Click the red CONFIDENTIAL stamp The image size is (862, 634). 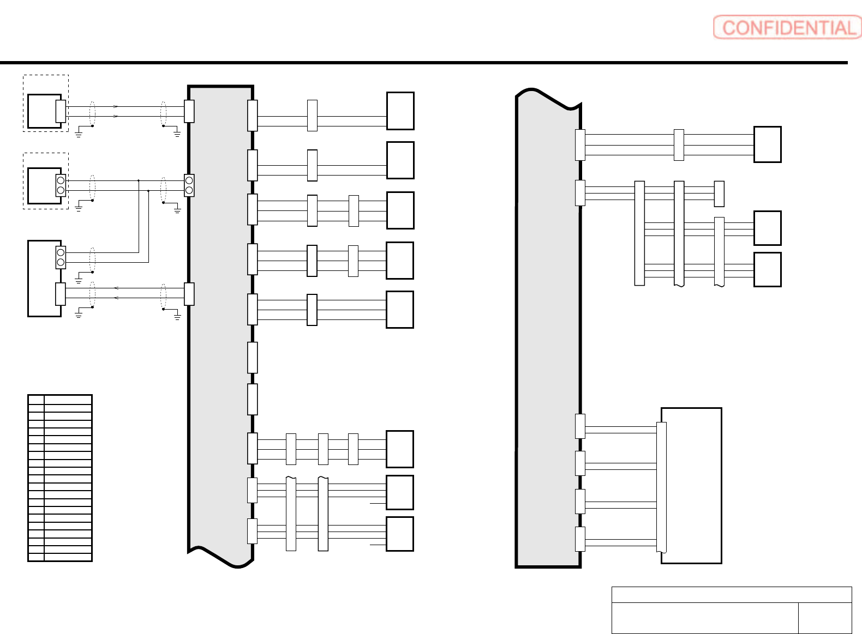[x=787, y=27]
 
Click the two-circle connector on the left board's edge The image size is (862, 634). [x=189, y=185]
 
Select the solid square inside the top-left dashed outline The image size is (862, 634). [x=43, y=111]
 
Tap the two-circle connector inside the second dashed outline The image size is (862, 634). [x=61, y=185]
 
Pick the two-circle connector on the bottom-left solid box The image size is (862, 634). [x=61, y=257]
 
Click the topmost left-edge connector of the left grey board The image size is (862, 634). [x=189, y=111]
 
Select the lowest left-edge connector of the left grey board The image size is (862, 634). [x=189, y=294]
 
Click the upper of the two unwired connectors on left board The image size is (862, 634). [x=252, y=358]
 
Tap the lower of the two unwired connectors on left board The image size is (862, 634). [x=252, y=399]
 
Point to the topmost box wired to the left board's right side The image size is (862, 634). [x=400, y=111]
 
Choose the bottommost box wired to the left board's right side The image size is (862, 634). [x=399, y=534]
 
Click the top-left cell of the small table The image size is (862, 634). [x=36, y=399]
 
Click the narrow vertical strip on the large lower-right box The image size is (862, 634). [x=661, y=486]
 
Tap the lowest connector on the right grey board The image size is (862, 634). [x=580, y=539]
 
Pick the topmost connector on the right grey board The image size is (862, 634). [x=580, y=145]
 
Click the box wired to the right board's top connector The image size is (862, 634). [x=767, y=144]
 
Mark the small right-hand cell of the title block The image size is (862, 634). [x=824, y=618]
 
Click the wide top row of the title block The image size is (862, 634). [x=731, y=594]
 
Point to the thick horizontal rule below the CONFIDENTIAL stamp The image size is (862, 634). [x=423, y=63]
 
